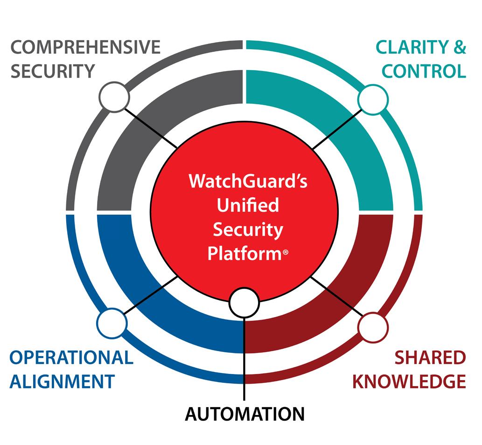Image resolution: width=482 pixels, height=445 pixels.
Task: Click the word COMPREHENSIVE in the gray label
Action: pyautogui.click(x=85, y=48)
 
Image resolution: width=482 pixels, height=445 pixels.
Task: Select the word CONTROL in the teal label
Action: pyautogui.click(x=424, y=71)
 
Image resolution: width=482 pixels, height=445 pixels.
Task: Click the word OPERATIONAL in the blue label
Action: pyautogui.click(x=71, y=358)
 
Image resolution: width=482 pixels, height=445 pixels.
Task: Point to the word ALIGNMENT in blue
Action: pyautogui.click(x=62, y=381)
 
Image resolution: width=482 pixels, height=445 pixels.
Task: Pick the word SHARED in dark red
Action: pyautogui.click(x=430, y=358)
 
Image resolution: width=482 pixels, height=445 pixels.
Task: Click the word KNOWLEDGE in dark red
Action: pyautogui.click(x=409, y=381)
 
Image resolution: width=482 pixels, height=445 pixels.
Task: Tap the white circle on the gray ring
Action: pyautogui.click(x=114, y=97)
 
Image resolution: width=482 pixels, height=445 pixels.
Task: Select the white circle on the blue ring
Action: pyautogui.click(x=112, y=322)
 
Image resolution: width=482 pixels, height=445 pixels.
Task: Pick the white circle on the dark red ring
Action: pyautogui.click(x=374, y=326)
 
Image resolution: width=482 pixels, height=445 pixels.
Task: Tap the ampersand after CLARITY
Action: pyautogui.click(x=460, y=48)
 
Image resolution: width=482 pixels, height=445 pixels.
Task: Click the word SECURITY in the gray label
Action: pyautogui.click(x=52, y=71)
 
